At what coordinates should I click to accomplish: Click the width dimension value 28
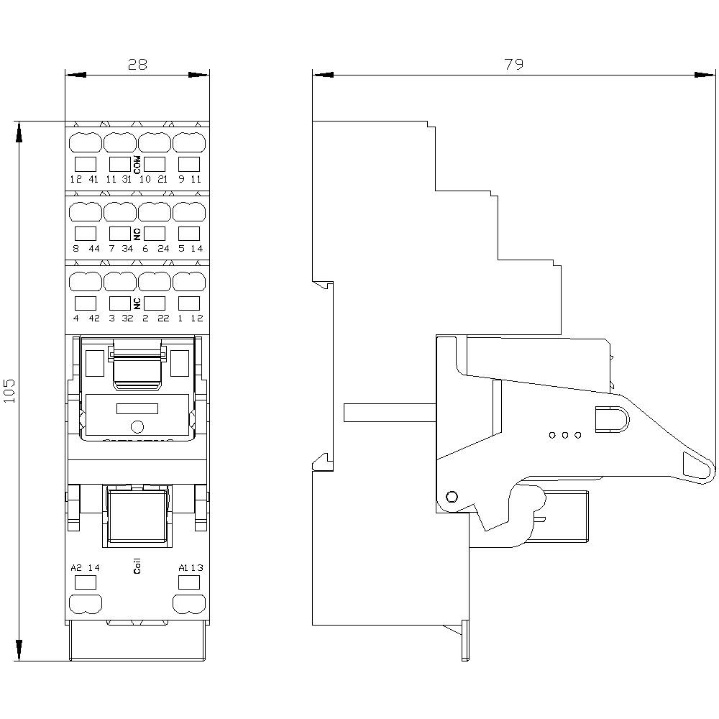pyautogui.click(x=137, y=64)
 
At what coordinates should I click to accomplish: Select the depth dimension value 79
pyautogui.click(x=513, y=64)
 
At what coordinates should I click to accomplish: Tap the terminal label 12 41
pyautogui.click(x=84, y=179)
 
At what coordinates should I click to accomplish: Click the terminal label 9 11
pyautogui.click(x=190, y=179)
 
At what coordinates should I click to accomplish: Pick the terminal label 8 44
pyautogui.click(x=84, y=249)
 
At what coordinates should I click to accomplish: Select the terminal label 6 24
pyautogui.click(x=155, y=249)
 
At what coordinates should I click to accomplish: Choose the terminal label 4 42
pyautogui.click(x=84, y=319)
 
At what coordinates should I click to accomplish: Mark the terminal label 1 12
pyautogui.click(x=190, y=319)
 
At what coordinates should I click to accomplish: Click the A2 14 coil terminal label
pyautogui.click(x=85, y=567)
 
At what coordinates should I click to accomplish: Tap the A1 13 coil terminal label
pyautogui.click(x=191, y=567)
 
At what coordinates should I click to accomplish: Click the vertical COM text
pyautogui.click(x=137, y=165)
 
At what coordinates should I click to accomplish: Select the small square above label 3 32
pyautogui.click(x=119, y=303)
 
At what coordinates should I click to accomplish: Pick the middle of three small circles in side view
pyautogui.click(x=565, y=435)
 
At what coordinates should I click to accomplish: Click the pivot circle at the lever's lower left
pyautogui.click(x=452, y=497)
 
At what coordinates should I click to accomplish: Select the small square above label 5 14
pyautogui.click(x=189, y=233)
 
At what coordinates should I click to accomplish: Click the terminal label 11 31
pyautogui.click(x=119, y=179)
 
